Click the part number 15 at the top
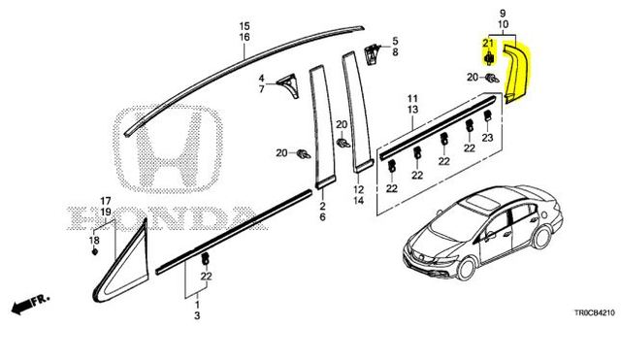[245, 24]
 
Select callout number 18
[94, 239]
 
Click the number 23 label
[487, 139]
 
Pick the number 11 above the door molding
[411, 99]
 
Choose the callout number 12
[357, 190]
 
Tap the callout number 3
[197, 316]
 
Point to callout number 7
[261, 89]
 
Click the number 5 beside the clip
[395, 42]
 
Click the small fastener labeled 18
[94, 251]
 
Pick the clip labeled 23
[485, 121]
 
